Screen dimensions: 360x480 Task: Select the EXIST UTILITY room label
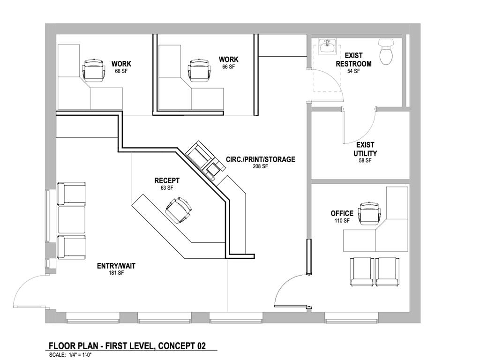click(x=365, y=149)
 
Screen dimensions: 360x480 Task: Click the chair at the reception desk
click(x=178, y=210)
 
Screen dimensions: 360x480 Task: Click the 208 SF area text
click(x=260, y=166)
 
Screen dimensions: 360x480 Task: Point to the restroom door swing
click(x=328, y=82)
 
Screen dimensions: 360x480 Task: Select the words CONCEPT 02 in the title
click(x=182, y=346)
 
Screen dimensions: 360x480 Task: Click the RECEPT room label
click(x=167, y=180)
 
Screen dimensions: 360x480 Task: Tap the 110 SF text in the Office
click(x=342, y=220)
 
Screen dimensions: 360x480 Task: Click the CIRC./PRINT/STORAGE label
click(x=261, y=159)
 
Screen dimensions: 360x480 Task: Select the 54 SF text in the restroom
click(x=353, y=71)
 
